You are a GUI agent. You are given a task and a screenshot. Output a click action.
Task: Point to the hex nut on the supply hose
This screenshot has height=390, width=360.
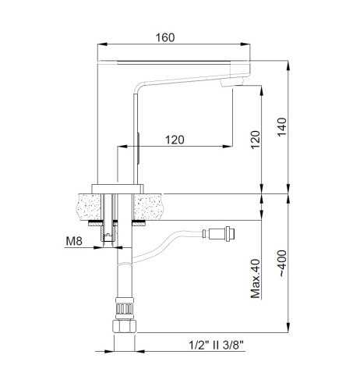click(x=124, y=309)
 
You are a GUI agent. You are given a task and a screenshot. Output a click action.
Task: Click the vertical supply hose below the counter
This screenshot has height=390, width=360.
click(x=124, y=273)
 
